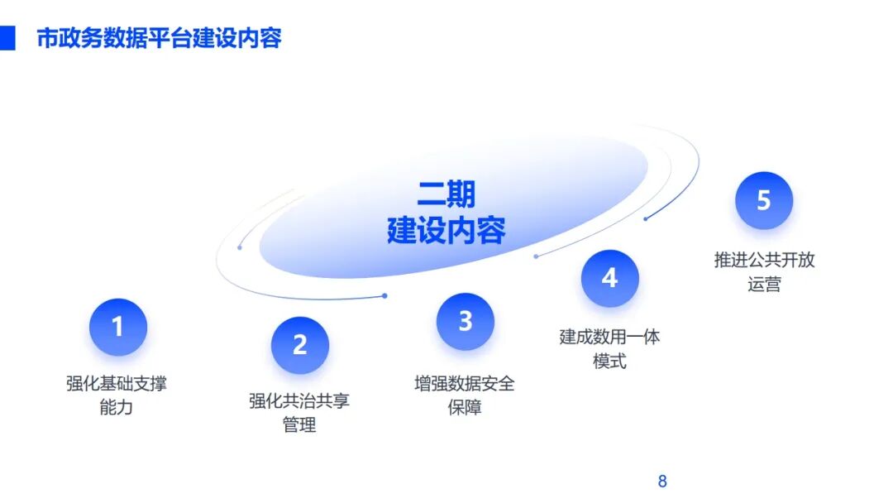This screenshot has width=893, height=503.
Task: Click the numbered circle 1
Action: click(118, 327)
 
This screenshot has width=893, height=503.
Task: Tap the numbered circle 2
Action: click(300, 345)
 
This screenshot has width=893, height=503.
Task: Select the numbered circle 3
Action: click(466, 321)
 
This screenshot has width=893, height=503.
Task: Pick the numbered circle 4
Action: click(610, 278)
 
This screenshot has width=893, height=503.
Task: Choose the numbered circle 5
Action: click(764, 200)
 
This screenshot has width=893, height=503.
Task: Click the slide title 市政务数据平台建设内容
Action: click(159, 38)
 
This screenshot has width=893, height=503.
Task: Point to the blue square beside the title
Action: click(7, 38)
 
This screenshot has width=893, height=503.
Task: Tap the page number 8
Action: click(662, 481)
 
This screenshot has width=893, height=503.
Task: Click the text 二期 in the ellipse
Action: click(446, 194)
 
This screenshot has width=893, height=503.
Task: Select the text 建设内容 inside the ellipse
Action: click(446, 231)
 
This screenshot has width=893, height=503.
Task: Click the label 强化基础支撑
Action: click(117, 383)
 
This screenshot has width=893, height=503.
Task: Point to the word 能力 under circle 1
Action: click(117, 407)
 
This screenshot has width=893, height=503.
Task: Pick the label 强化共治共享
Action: click(299, 401)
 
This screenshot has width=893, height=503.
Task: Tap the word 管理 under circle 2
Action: click(299, 425)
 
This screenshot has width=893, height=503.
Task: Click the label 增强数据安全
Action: click(465, 383)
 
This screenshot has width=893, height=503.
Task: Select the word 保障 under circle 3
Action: click(465, 407)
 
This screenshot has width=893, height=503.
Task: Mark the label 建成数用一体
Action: click(609, 337)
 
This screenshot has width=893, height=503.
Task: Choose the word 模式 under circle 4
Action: click(609, 361)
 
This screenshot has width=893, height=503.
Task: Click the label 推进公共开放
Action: click(764, 260)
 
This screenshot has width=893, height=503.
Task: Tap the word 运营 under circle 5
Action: click(764, 284)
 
